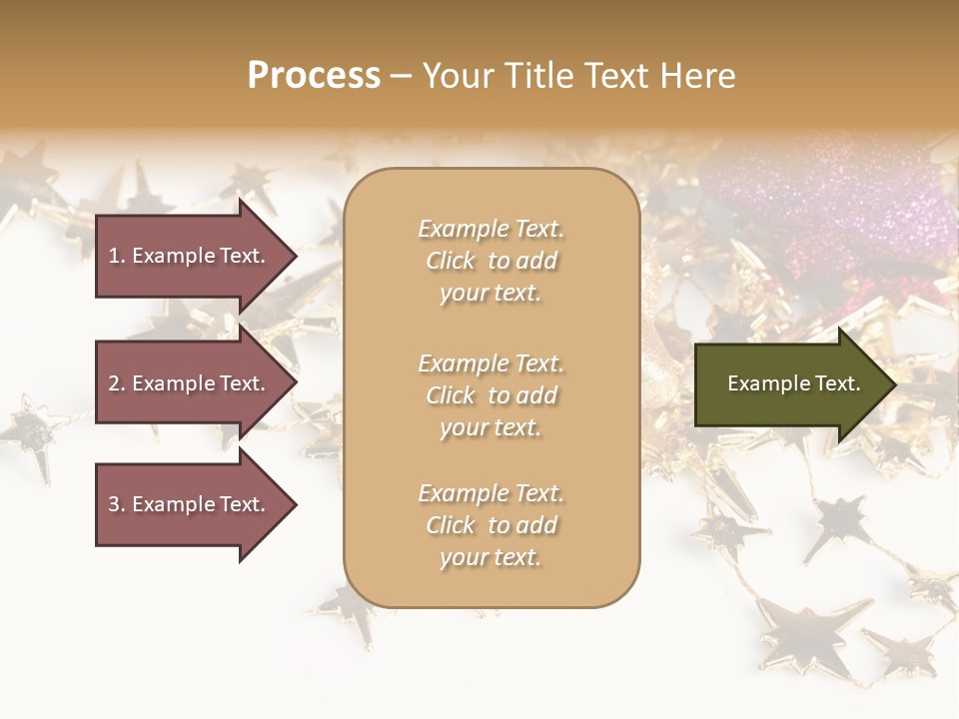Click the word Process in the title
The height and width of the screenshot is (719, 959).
point(314,76)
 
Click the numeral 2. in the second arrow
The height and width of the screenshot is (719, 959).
point(117,383)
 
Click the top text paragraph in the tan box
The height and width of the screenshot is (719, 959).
point(490,261)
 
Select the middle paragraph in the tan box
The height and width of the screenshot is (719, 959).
point(490,395)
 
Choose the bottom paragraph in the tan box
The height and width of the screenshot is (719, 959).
point(490,525)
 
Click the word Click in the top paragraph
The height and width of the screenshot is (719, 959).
point(451,261)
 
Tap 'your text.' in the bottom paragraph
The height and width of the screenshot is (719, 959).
point(490,558)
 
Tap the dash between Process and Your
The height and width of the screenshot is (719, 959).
point(402,77)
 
